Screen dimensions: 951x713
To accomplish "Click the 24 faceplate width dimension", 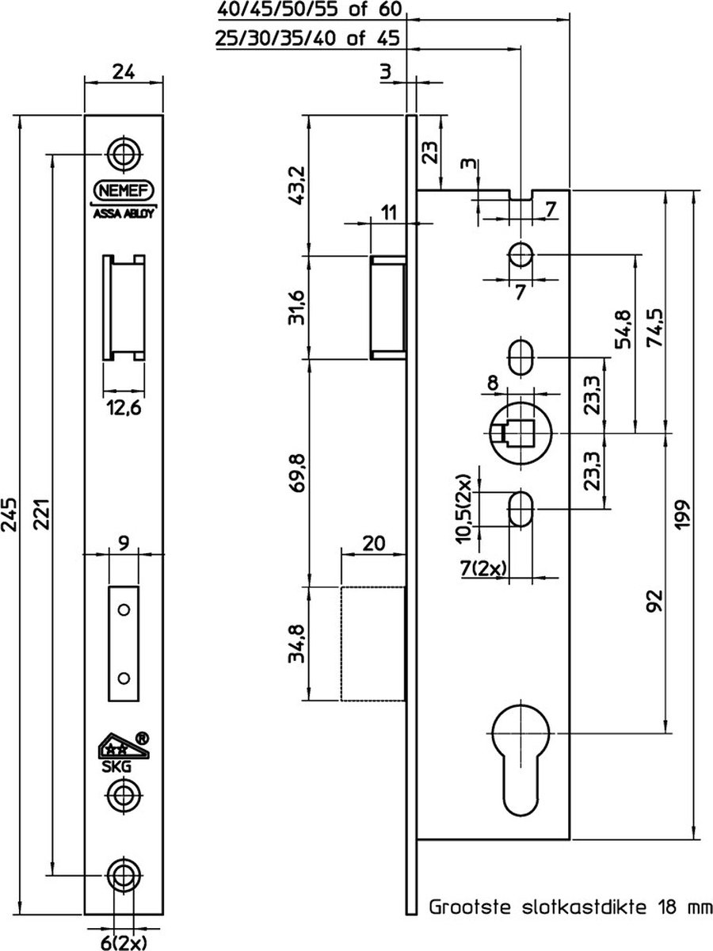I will (123, 71).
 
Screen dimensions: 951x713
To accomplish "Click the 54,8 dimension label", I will (622, 328).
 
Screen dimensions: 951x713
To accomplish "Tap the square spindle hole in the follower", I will (520, 434).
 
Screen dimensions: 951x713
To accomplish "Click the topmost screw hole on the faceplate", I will (123, 153).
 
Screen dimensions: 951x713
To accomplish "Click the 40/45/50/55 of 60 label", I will (310, 10).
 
